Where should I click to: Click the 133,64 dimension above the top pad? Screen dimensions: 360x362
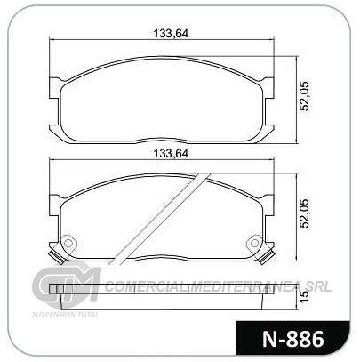(x=171, y=34)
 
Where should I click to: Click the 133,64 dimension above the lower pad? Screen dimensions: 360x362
(x=171, y=154)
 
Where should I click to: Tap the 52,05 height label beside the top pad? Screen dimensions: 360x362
(x=304, y=95)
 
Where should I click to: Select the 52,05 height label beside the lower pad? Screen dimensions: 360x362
(x=304, y=213)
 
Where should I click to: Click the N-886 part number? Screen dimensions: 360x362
(x=292, y=339)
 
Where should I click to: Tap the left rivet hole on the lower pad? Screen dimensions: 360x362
(x=68, y=244)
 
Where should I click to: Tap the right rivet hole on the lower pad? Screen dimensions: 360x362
(x=254, y=244)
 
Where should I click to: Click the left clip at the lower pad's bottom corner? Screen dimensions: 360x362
(x=57, y=257)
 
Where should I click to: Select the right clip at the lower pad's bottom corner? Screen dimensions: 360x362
(x=266, y=257)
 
